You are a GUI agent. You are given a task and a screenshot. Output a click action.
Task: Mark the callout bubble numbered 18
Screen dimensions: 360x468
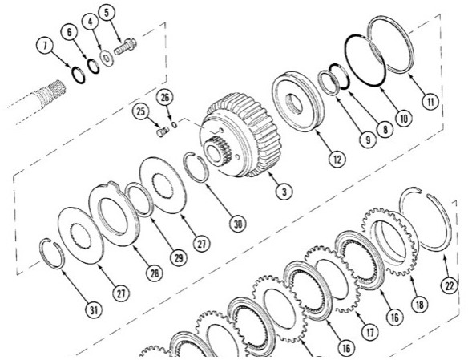coord(418,305)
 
